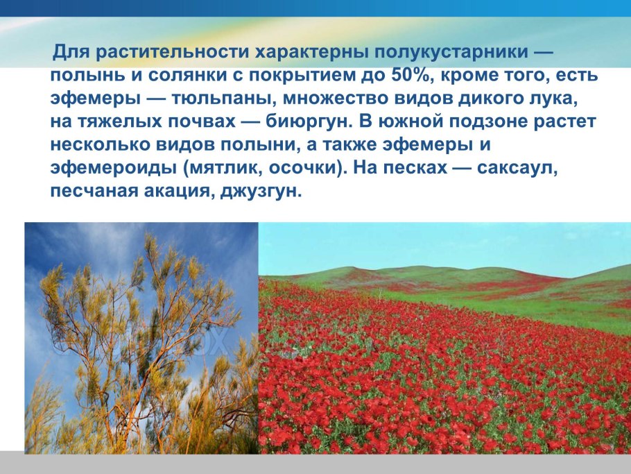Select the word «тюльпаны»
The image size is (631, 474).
click(223, 99)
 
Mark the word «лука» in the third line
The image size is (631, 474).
click(555, 99)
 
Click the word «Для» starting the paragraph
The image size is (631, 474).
click(71, 52)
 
